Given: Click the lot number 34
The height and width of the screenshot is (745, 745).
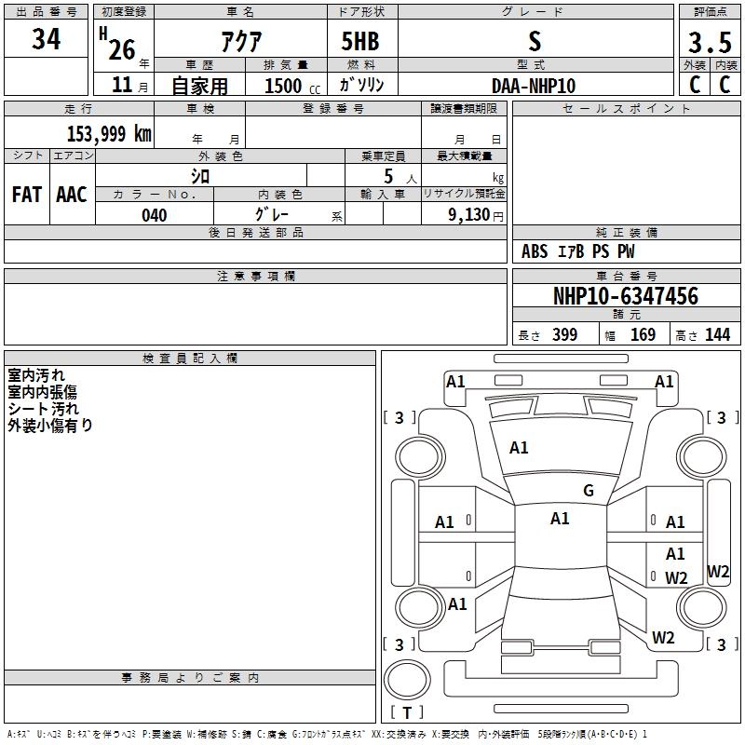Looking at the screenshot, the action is pos(46,40).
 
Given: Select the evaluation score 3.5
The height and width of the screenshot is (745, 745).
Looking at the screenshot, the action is pos(709,42).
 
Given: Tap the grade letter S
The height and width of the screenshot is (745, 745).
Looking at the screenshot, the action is pos(534,40).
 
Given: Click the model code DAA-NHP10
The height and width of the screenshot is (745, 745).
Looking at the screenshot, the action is pos(534,85).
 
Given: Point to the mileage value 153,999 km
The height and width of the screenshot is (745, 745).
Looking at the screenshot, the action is pos(109,133).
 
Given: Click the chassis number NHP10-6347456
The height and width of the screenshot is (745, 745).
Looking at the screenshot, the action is pos(625,296).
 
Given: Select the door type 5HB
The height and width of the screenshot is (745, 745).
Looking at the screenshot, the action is pos(354,41).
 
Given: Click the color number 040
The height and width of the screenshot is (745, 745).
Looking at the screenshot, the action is pos(154,215).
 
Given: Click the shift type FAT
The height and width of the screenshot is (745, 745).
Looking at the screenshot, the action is pos(26,195).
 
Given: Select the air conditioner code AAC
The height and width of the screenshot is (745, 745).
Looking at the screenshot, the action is pos(71,195).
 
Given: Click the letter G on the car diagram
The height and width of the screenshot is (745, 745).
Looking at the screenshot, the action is pos(589,491).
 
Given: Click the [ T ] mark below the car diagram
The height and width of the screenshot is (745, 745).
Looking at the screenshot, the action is pos(407,712).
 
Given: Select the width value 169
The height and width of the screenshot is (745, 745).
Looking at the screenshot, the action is pos(643,335).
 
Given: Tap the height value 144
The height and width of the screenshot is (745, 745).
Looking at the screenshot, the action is pos(717,335).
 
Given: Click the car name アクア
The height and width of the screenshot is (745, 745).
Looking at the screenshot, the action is pos(240,41).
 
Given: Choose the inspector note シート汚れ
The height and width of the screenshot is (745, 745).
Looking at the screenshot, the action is pos(44,409).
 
